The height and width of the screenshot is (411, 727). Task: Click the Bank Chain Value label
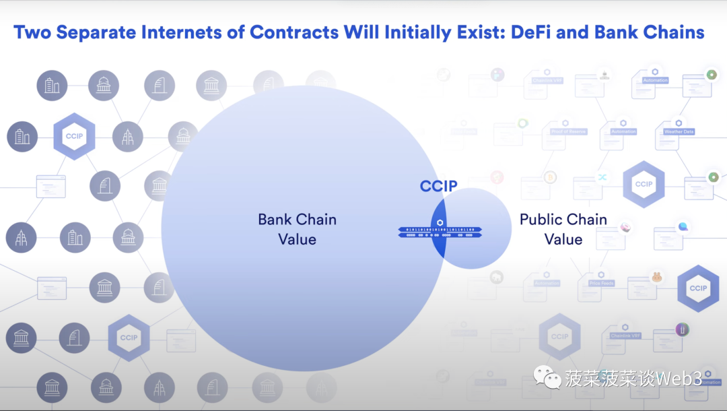(x=297, y=229)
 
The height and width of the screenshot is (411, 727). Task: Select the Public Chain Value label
(x=563, y=229)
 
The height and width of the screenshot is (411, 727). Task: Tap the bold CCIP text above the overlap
(x=438, y=186)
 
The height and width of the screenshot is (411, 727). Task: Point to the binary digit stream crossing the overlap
(x=439, y=232)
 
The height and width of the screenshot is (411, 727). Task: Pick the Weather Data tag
(x=679, y=132)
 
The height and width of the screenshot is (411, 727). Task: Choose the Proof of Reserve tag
(x=568, y=131)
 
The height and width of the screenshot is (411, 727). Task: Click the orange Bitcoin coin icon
(x=550, y=177)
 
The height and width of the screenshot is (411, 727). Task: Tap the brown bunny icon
(x=656, y=277)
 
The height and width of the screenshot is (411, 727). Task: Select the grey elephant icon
(x=497, y=276)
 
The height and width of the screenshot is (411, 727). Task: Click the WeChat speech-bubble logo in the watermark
(x=547, y=377)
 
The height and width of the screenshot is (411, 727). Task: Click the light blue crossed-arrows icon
(x=602, y=177)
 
